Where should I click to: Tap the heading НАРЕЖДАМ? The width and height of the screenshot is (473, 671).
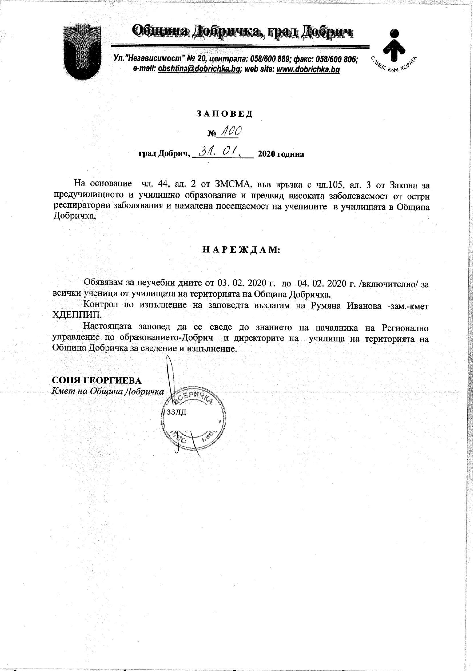pyautogui.click(x=241, y=250)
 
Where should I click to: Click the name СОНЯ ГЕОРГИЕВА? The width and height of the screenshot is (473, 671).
pyautogui.click(x=96, y=380)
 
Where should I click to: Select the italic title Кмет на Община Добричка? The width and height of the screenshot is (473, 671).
pyautogui.click(x=108, y=392)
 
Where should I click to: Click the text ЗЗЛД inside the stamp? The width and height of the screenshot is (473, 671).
pyautogui.click(x=176, y=412)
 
